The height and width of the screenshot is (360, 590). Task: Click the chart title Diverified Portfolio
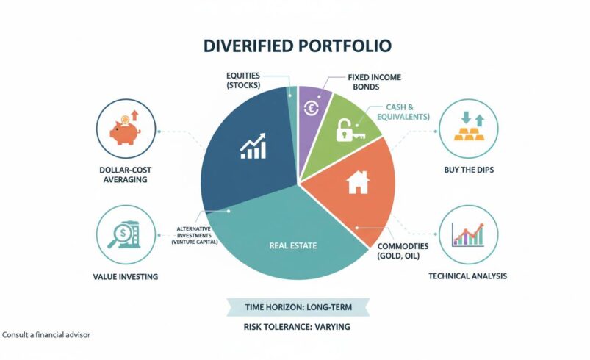pyautogui.click(x=298, y=46)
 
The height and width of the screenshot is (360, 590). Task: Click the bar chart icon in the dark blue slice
pyautogui.click(x=253, y=146)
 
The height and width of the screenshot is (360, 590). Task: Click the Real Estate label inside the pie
pyautogui.click(x=293, y=245)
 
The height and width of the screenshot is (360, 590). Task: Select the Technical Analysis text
pyautogui.click(x=467, y=276)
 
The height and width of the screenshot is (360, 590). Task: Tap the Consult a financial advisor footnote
pyautogui.click(x=46, y=334)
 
